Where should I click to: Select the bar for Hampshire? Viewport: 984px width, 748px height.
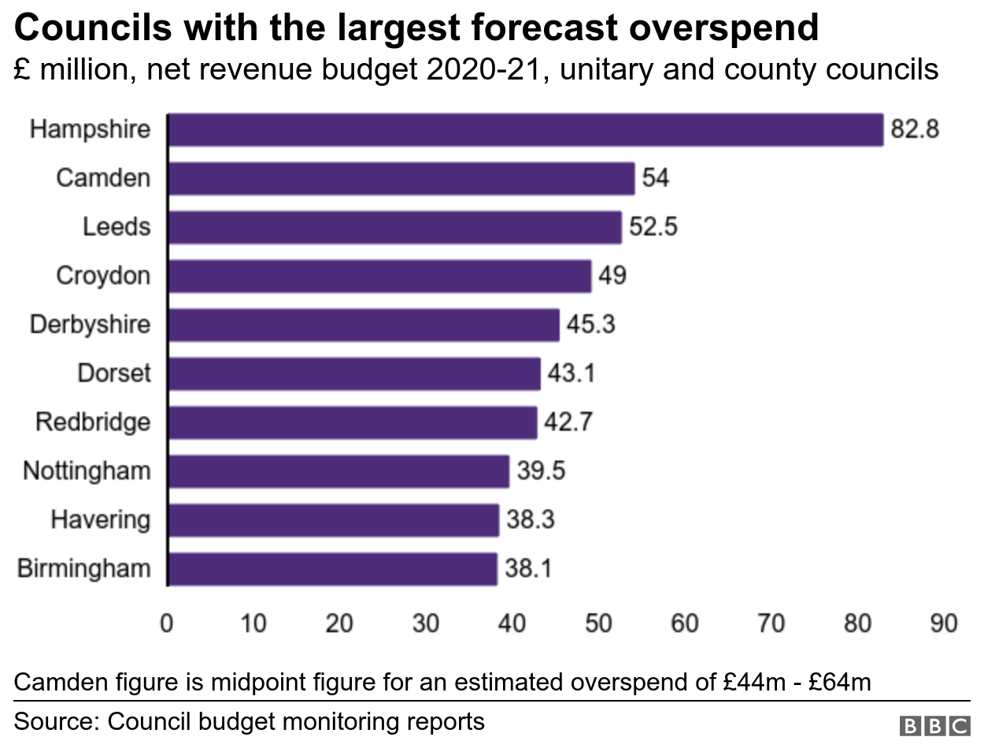click(x=526, y=130)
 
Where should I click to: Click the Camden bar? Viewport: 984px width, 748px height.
click(x=401, y=179)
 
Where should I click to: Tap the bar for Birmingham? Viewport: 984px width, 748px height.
click(x=333, y=568)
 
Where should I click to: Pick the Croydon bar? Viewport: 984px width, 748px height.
click(x=379, y=276)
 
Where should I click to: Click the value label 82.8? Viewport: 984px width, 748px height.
click(x=915, y=130)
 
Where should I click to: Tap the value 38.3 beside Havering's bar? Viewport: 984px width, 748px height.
click(x=530, y=520)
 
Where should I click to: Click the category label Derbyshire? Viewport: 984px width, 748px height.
click(x=90, y=324)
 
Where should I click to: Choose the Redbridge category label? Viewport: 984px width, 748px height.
click(x=93, y=422)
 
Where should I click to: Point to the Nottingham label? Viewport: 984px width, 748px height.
click(x=87, y=471)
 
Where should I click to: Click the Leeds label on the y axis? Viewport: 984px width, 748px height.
click(x=117, y=228)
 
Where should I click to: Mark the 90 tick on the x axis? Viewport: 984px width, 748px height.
click(x=943, y=624)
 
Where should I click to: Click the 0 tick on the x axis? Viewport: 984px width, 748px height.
click(x=168, y=624)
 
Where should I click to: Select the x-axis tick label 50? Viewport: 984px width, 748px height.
click(x=599, y=624)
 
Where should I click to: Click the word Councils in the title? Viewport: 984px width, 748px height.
click(x=93, y=29)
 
